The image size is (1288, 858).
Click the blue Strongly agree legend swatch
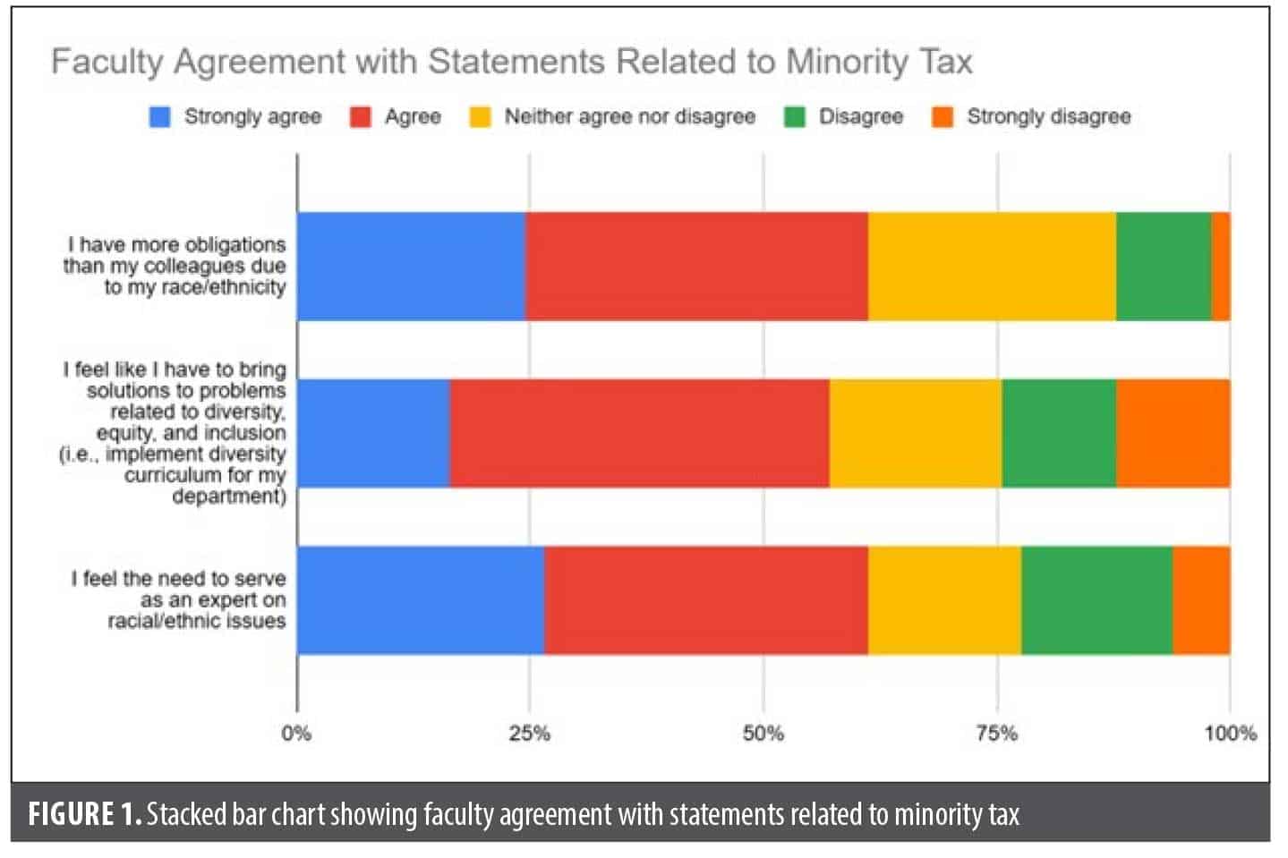[x=159, y=117]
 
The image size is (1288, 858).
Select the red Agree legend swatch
[x=361, y=117]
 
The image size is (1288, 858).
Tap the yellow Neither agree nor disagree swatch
[x=481, y=117]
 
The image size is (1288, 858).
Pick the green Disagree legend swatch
[x=795, y=117]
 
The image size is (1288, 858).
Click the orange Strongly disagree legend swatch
[x=943, y=117]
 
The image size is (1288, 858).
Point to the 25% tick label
[x=529, y=734]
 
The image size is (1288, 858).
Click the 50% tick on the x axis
[x=763, y=734]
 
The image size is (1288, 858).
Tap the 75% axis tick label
[x=996, y=734]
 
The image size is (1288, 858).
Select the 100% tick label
[x=1230, y=734]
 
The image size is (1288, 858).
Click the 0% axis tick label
[x=296, y=734]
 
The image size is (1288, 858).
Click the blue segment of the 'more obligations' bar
[x=411, y=266]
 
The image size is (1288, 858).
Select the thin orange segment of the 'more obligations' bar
[x=1221, y=266]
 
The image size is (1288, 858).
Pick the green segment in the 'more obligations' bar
[x=1164, y=266]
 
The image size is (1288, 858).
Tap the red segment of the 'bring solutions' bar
[x=639, y=433]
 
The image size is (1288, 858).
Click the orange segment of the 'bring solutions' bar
[x=1173, y=433]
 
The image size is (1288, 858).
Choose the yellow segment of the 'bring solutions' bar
[x=915, y=433]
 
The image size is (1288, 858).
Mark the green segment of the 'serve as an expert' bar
[x=1096, y=599]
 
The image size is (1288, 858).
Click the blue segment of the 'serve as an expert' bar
[x=420, y=599]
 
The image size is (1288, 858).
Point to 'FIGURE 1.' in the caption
[x=84, y=814]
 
